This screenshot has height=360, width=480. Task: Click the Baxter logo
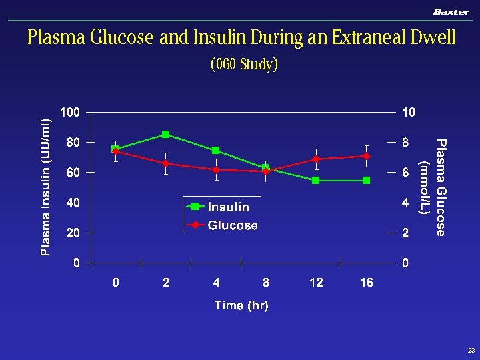451,11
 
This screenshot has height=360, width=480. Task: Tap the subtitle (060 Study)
244,65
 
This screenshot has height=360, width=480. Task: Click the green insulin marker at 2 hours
166,135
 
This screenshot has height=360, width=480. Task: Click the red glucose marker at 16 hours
366,156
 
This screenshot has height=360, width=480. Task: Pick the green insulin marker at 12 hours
316,180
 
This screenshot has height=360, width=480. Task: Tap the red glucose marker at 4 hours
216,170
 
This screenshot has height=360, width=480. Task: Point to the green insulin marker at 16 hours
366,180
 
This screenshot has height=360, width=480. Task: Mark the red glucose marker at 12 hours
316,159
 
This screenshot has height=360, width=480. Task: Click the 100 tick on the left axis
70,112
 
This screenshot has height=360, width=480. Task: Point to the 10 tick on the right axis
408,112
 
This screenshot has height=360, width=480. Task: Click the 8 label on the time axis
266,283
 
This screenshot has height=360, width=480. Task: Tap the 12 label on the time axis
316,283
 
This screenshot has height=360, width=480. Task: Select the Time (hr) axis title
241,305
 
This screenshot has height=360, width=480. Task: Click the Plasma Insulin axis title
45,187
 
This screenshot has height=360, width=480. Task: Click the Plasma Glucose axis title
434,187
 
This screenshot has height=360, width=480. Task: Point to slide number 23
471,350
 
